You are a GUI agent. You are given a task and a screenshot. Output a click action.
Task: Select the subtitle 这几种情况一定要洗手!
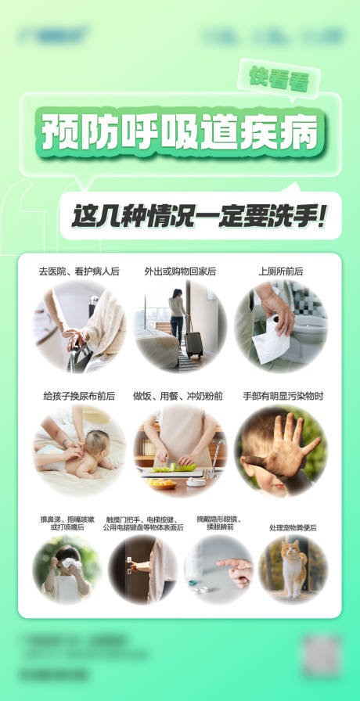200,215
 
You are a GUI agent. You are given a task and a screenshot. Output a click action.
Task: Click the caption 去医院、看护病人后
78,271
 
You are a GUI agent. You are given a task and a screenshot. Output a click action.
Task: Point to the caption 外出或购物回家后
180,271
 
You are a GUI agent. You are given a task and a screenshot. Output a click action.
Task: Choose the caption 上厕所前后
281,271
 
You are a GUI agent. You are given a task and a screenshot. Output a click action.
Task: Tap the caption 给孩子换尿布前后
78,397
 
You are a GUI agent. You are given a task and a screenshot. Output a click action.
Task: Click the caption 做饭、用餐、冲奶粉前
180,397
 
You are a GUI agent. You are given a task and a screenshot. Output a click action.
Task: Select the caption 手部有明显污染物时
282,397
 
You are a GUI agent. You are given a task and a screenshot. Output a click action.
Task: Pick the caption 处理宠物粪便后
293,528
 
